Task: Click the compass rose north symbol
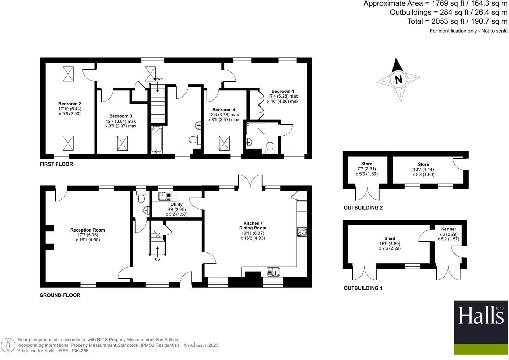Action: (x=398, y=79)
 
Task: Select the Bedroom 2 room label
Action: (x=70, y=104)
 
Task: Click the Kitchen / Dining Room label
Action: (x=253, y=225)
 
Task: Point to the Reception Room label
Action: (x=88, y=230)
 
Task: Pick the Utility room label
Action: (x=177, y=204)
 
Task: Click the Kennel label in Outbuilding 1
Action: (x=449, y=229)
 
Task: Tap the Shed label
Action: (x=390, y=238)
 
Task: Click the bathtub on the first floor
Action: (x=156, y=139)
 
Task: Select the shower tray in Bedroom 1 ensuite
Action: (x=256, y=130)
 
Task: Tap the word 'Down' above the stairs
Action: (x=157, y=79)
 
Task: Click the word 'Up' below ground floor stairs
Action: (x=157, y=259)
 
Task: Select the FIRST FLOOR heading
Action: (x=56, y=164)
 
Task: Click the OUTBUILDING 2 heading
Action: (x=363, y=208)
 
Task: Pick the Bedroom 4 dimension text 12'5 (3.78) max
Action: (x=224, y=115)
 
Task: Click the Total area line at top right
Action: (x=457, y=21)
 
